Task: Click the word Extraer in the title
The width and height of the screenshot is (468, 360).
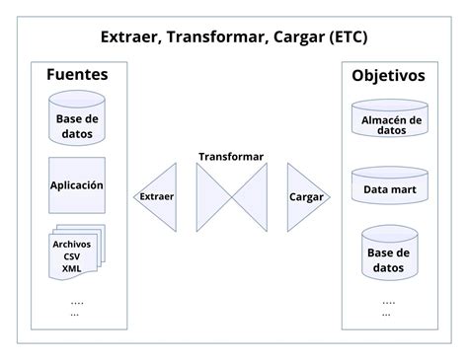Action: pyautogui.click(x=129, y=37)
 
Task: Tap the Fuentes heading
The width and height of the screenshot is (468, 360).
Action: pyautogui.click(x=77, y=75)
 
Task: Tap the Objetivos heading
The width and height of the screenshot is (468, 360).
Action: pyautogui.click(x=389, y=75)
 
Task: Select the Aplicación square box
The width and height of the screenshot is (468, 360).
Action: pyautogui.click(x=77, y=184)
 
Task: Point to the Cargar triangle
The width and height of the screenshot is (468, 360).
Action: pyautogui.click(x=303, y=196)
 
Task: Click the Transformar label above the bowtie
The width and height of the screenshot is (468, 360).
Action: pyautogui.click(x=231, y=157)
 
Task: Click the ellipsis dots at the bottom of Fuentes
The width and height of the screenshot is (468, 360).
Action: pyautogui.click(x=77, y=307)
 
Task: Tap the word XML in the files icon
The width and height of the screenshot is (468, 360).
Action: pyautogui.click(x=72, y=268)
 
